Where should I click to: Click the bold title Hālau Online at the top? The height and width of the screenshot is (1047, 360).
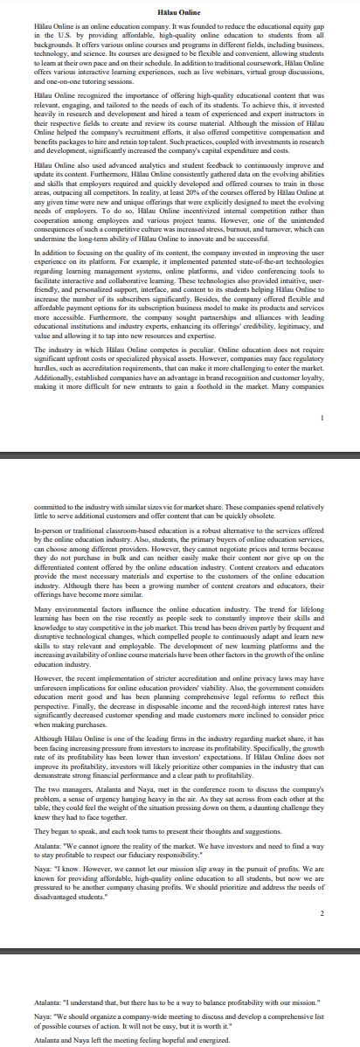pos(180,10)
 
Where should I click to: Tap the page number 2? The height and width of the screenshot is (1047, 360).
pos(322,887)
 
